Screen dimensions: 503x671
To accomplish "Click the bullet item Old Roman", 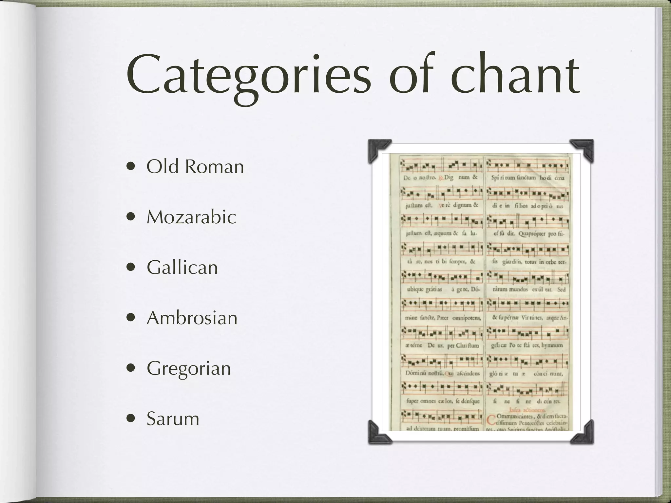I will coord(195,167).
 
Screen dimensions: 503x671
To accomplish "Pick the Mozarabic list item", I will coord(191,217).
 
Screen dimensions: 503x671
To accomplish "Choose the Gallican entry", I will coord(182,268).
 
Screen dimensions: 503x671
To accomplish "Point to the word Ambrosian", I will coord(192,318).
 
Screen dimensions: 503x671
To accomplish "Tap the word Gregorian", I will coord(189,368).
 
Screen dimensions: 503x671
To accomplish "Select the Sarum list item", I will coord(173,419).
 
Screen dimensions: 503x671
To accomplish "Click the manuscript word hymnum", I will coord(552,345).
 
